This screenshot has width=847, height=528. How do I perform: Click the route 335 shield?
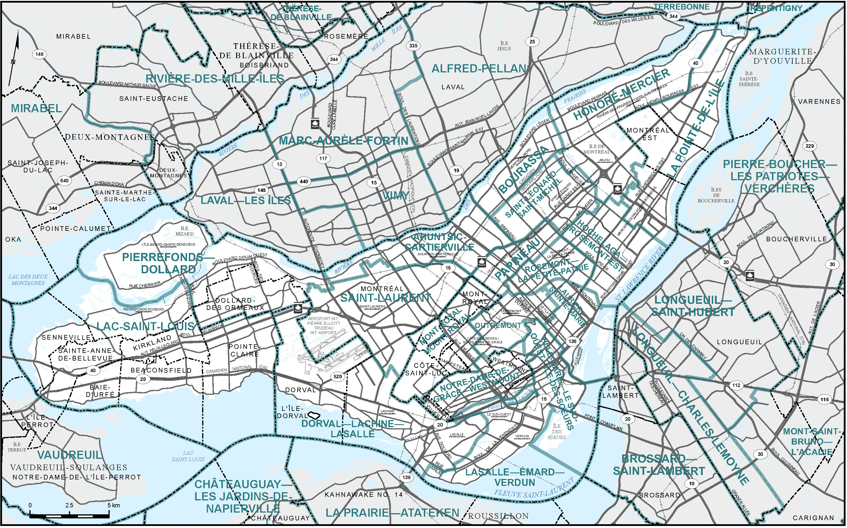click(413, 46)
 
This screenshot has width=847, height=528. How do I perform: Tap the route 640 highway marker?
click(65, 181)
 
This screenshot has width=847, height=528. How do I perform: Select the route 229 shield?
click(810, 146)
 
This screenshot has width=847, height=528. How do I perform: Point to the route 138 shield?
click(407, 477)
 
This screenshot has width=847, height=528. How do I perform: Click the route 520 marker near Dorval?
click(338, 377)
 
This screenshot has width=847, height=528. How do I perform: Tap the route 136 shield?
click(572, 341)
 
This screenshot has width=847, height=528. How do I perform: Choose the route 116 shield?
click(824, 399)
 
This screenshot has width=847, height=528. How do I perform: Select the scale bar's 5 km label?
click(113, 505)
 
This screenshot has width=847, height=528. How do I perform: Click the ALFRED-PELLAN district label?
click(478, 69)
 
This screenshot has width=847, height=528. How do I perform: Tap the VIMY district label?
click(395, 196)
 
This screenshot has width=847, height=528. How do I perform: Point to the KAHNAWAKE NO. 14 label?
click(364, 495)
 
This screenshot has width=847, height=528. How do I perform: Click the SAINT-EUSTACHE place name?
click(154, 99)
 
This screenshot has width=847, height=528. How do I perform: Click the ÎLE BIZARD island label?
click(184, 231)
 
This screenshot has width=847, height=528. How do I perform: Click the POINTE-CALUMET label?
click(75, 229)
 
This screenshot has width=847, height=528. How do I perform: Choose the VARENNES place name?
click(819, 102)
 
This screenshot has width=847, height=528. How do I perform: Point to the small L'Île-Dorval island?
click(314, 415)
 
